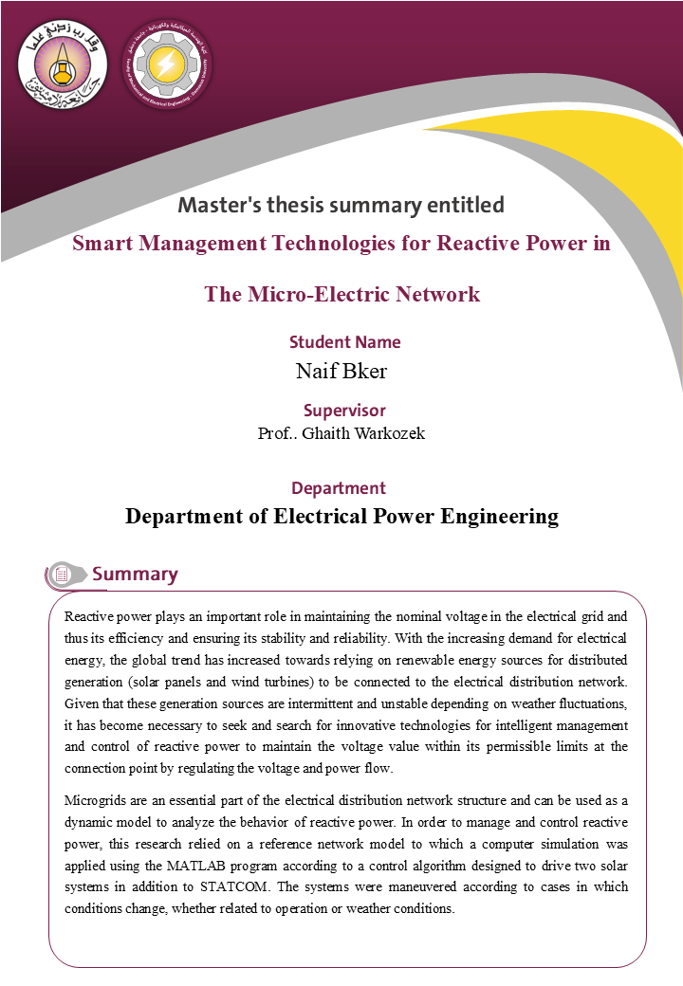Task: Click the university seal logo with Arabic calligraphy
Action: [63, 64]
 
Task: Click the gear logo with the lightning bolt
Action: [166, 64]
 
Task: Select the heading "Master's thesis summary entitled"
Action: [341, 205]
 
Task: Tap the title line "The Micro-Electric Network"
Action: [341, 294]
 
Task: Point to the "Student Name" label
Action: [344, 342]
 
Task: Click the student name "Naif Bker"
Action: [341, 371]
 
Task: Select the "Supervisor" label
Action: [344, 411]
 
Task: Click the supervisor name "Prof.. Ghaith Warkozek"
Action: [341, 433]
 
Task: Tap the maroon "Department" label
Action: [339, 488]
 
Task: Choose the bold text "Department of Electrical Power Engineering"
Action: [341, 517]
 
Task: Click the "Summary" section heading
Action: [135, 574]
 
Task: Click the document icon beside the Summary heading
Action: [62, 575]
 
